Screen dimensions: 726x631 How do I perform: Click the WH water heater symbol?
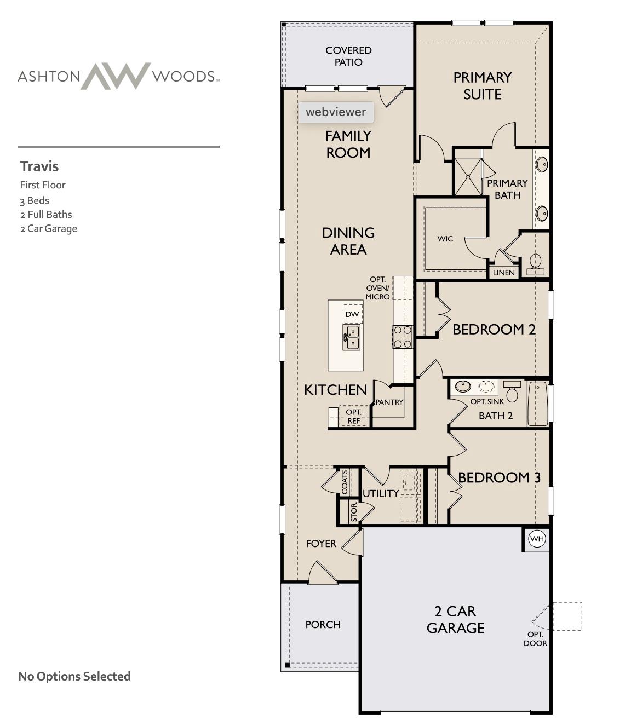[x=537, y=539]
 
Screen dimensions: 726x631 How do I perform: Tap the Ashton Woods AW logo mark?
[x=116, y=76]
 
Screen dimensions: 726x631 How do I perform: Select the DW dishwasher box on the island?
[x=352, y=314]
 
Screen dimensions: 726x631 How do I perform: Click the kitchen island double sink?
[x=351, y=337]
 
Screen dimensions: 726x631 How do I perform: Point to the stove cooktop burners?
[x=403, y=336]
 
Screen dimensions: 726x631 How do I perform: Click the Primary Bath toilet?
[x=535, y=263]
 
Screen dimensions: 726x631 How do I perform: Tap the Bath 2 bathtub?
[x=538, y=404]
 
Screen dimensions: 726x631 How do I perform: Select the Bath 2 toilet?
[x=512, y=391]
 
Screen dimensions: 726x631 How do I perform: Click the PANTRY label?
[x=389, y=402]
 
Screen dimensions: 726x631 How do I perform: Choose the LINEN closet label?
[x=503, y=273]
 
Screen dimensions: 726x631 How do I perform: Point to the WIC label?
[x=445, y=239]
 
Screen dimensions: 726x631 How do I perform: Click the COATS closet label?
[x=345, y=482]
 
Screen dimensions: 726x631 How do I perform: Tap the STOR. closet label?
[x=354, y=511]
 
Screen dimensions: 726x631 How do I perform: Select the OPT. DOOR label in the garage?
[x=535, y=638]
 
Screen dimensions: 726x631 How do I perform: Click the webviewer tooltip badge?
[x=336, y=112]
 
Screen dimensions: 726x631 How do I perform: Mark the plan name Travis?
[x=39, y=166]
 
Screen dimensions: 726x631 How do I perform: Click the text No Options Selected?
[x=74, y=676]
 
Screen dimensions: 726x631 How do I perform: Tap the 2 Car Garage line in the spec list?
[x=49, y=229]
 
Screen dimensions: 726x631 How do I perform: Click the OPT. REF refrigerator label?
[x=353, y=416]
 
